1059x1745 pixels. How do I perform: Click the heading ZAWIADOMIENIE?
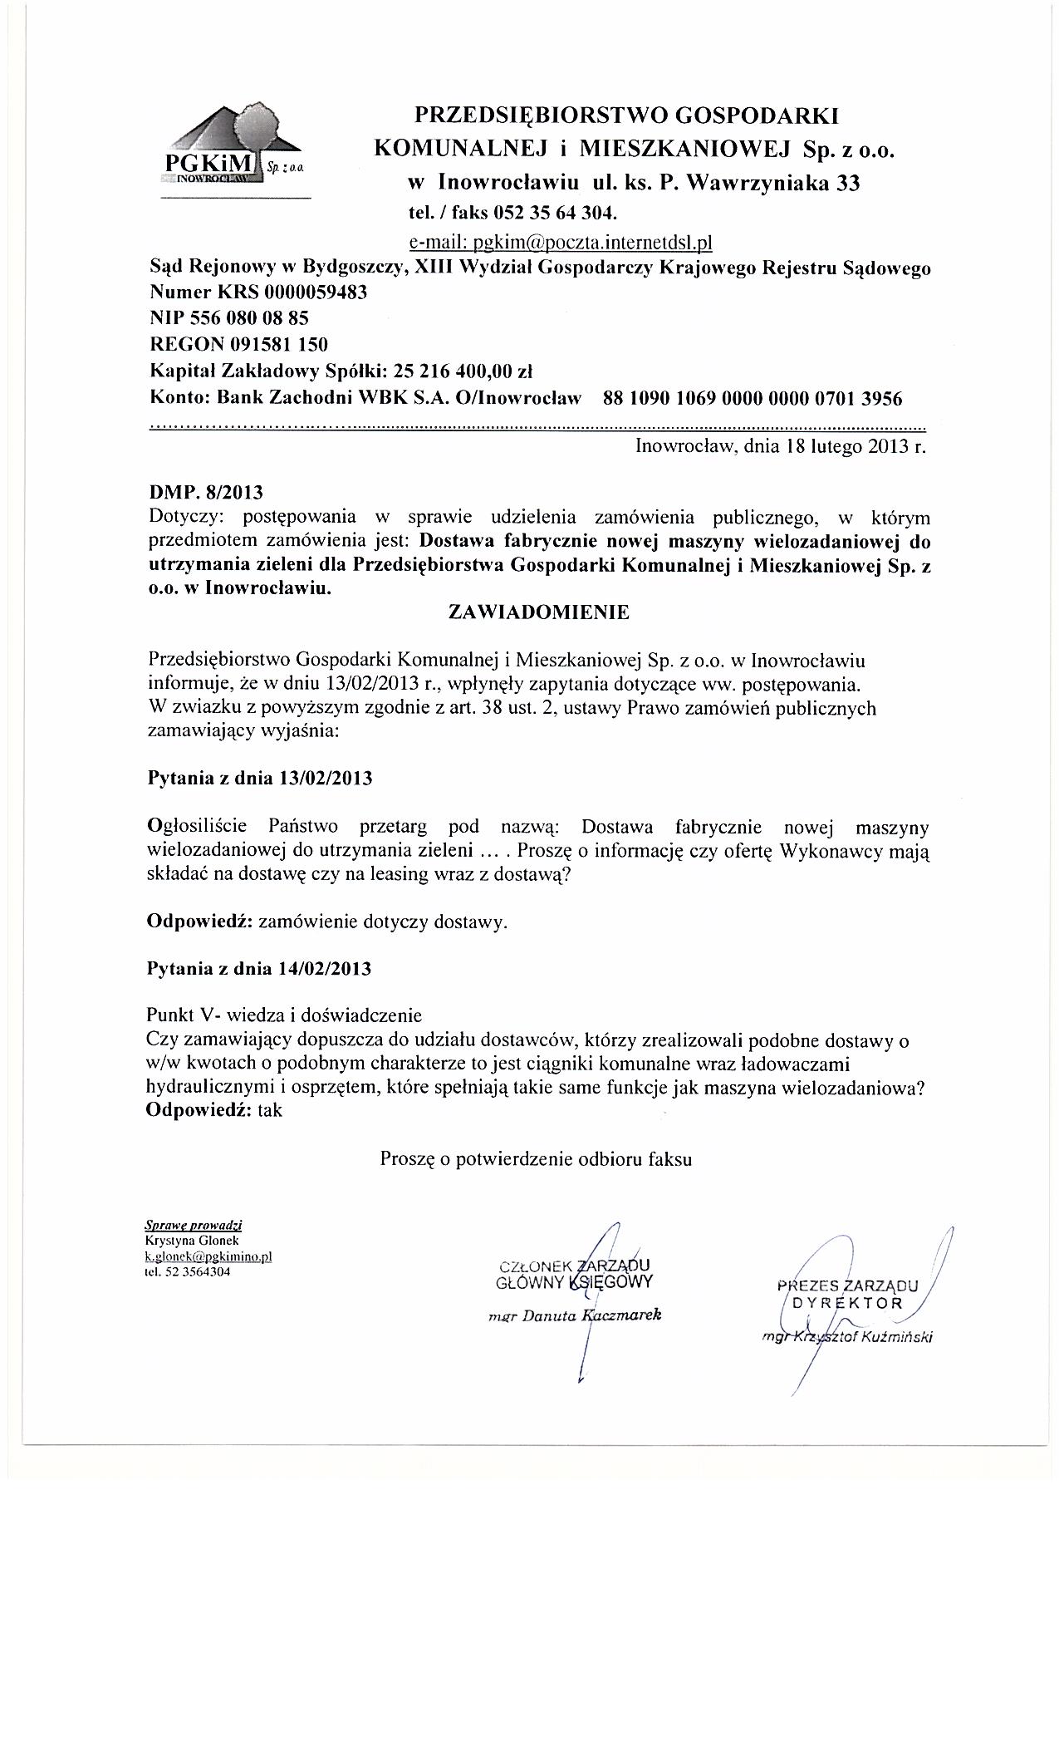pyautogui.click(x=538, y=612)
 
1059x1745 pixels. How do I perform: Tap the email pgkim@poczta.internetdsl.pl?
pyautogui.click(x=561, y=243)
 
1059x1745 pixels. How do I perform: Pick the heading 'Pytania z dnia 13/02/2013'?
pyautogui.click(x=259, y=779)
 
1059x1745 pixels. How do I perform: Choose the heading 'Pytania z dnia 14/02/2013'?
pyautogui.click(x=259, y=969)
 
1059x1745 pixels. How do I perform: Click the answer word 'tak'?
pyautogui.click(x=271, y=1111)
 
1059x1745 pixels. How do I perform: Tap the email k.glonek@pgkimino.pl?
pyautogui.click(x=208, y=1256)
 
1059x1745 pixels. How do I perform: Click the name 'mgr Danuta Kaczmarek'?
pyautogui.click(x=575, y=1316)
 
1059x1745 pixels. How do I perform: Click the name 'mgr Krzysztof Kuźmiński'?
pyautogui.click(x=848, y=1337)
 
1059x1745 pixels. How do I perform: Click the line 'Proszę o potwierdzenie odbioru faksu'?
pyautogui.click(x=536, y=1160)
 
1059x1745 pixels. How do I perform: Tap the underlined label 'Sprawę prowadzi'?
pyautogui.click(x=194, y=1225)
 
